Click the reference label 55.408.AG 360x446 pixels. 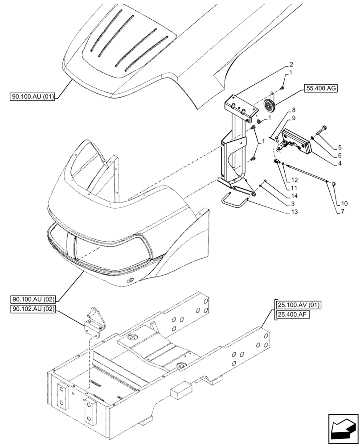321,88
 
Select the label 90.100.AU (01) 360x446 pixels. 31,97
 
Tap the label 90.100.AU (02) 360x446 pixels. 31,300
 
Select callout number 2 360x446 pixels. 291,64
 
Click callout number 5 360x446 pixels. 340,147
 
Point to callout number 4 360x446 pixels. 340,164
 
